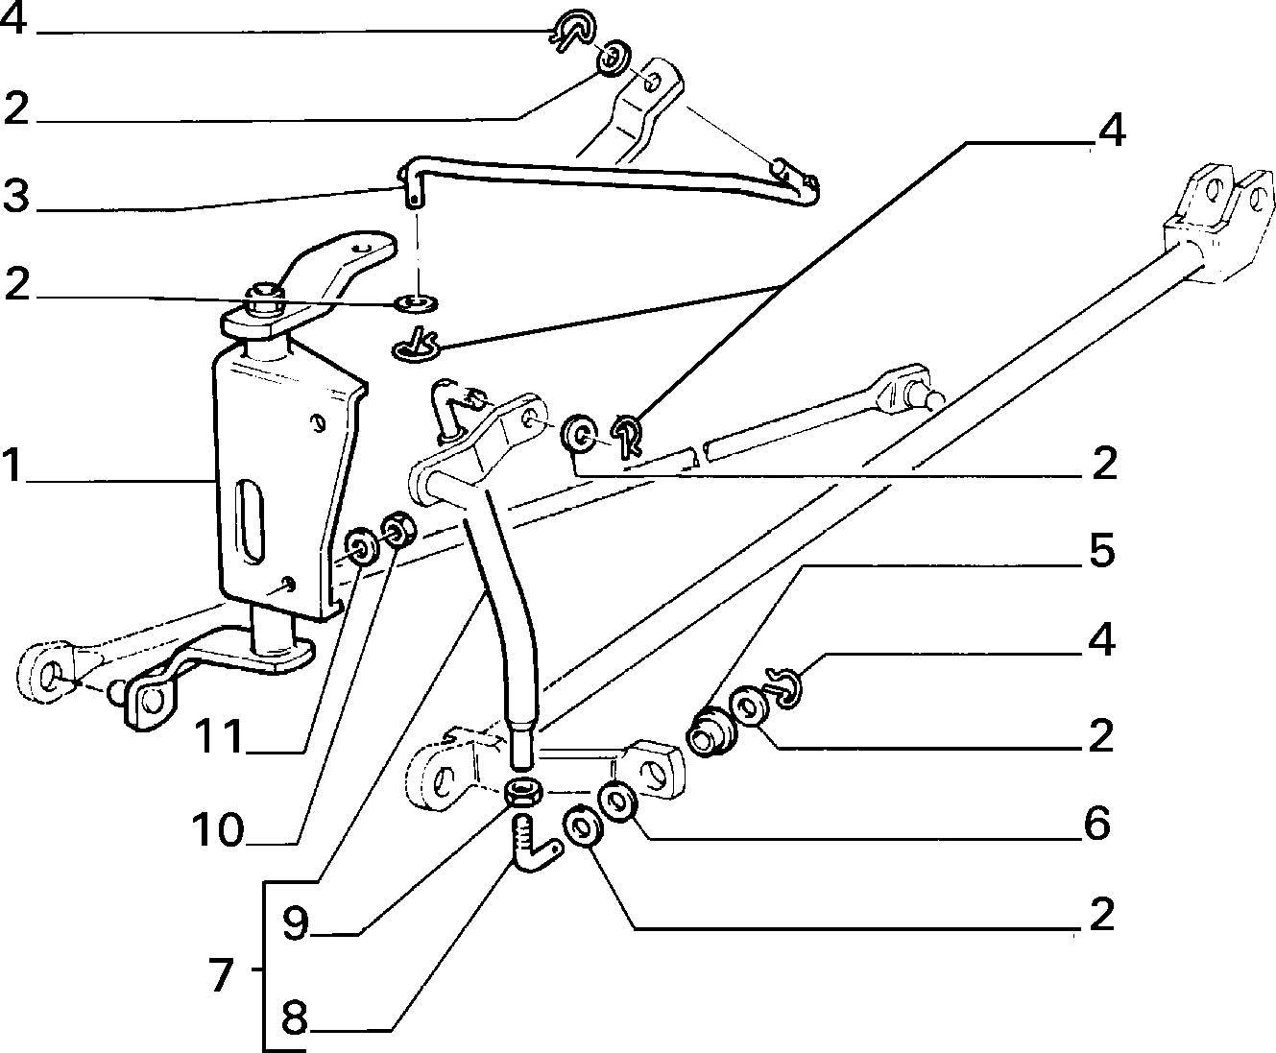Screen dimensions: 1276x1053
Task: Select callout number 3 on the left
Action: coord(16,196)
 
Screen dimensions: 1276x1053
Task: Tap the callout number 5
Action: coord(1102,551)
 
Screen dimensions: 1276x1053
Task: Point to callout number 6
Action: coord(1097,824)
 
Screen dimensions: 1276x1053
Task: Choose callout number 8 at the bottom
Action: coord(294,1018)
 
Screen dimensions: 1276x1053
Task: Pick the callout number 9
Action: coord(296,922)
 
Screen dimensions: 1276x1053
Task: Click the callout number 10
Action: coord(218,830)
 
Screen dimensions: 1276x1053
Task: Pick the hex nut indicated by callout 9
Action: coord(523,792)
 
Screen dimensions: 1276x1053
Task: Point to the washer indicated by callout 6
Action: coord(619,801)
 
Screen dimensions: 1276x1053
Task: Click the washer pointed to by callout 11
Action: coord(362,547)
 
